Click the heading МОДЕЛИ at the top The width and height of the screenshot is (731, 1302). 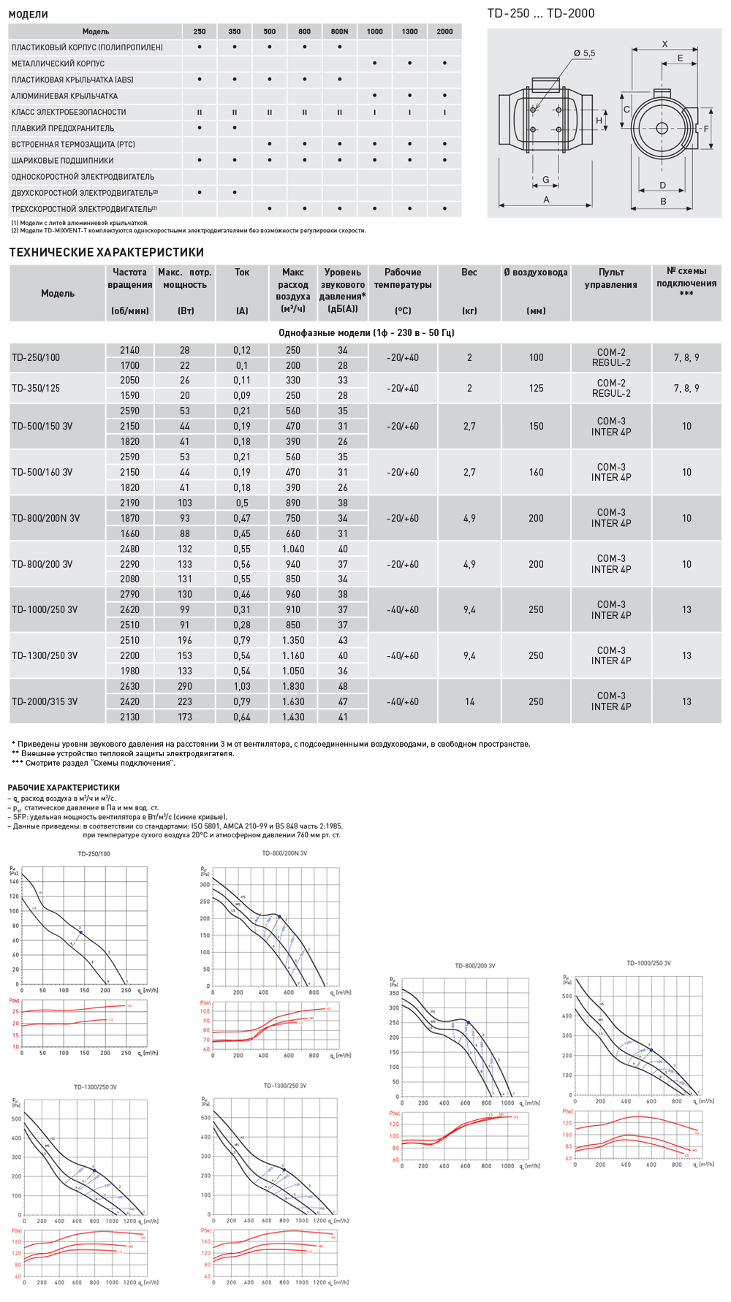point(28,14)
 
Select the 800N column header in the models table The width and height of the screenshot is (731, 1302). point(339,31)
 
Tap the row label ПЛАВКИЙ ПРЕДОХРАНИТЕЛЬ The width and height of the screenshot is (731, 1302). point(62,128)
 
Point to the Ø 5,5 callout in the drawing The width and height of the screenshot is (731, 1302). point(584,53)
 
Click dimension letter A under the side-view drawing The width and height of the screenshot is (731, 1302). point(546,199)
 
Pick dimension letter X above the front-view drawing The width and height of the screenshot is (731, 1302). point(664,44)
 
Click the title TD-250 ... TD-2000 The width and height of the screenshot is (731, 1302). point(540,13)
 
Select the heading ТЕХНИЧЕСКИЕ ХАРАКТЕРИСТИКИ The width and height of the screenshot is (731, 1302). point(106,252)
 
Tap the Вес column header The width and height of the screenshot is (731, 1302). point(469,273)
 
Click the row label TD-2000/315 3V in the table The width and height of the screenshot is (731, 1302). point(45,701)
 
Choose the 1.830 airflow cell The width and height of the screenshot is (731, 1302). point(293,686)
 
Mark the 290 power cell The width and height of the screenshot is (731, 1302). point(185,686)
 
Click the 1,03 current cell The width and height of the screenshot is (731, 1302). point(242,686)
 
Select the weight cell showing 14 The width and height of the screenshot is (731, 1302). point(469,701)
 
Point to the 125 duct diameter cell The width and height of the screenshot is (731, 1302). point(536,388)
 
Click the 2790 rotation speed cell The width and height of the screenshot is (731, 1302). point(129,594)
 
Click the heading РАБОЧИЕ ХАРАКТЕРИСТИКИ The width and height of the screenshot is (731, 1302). point(64,788)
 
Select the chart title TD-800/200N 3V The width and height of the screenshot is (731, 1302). point(284,853)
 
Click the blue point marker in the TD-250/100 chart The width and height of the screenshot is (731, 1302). point(80,932)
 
